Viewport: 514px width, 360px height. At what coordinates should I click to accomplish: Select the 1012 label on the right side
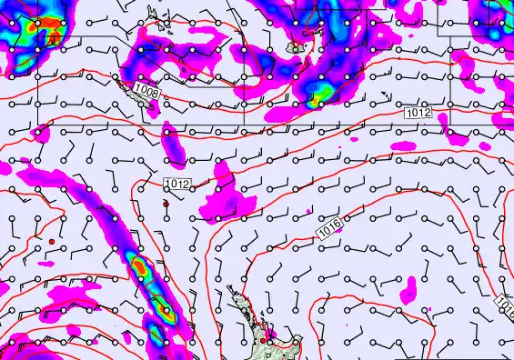point(418,112)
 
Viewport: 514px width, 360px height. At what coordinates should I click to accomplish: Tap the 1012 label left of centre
point(177,184)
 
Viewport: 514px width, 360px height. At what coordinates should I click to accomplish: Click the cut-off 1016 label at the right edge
point(505,305)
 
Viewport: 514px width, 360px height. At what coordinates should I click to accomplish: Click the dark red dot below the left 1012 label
point(166,205)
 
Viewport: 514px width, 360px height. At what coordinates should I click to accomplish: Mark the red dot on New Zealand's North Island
point(263,340)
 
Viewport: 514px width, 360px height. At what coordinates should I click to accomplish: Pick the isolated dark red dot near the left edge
point(53,241)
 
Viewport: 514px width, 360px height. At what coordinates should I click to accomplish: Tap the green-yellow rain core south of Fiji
point(320,91)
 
